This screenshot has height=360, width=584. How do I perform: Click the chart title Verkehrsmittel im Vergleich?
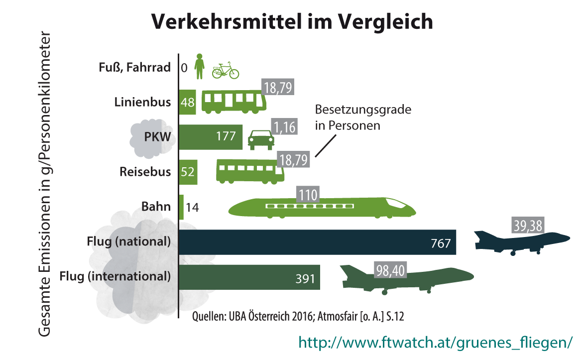click(x=292, y=22)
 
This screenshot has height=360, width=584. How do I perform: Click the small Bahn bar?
click(x=181, y=207)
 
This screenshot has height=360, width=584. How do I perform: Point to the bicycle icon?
click(x=226, y=71)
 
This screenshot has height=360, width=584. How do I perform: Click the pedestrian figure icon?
click(x=200, y=66)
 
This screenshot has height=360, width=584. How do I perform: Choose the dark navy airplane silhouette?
click(x=520, y=242)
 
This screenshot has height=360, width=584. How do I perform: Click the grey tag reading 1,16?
click(x=284, y=127)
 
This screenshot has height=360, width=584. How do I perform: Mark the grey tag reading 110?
click(x=308, y=194)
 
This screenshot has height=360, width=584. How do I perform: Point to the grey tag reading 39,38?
click(x=527, y=226)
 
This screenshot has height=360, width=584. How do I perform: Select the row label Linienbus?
click(x=142, y=102)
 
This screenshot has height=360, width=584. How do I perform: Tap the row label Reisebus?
click(x=145, y=172)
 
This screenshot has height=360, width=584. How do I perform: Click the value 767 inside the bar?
click(x=441, y=243)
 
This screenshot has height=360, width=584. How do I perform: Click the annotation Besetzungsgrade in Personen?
click(x=363, y=118)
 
